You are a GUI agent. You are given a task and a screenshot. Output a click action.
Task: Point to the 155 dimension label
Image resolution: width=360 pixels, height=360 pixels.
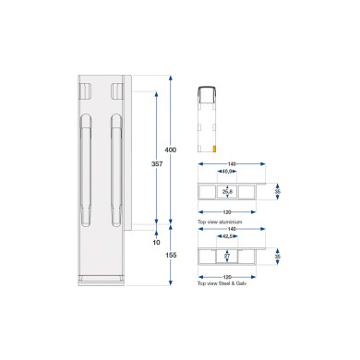coord(169,254)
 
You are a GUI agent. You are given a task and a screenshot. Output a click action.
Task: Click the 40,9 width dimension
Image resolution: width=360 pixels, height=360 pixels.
coord(226,172)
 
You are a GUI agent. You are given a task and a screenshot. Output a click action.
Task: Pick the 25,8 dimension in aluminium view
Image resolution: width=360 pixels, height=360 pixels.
coord(226,192)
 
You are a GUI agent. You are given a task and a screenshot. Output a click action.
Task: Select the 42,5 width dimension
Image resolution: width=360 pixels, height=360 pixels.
coord(226,236)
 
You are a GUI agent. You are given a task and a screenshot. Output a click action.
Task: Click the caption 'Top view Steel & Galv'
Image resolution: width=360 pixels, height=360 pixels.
coord(222,283)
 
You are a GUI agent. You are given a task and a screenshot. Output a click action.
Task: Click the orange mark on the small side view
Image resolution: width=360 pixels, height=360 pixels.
coord(216,147)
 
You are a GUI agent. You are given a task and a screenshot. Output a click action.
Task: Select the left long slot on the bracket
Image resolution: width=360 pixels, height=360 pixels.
coord(86,171)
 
